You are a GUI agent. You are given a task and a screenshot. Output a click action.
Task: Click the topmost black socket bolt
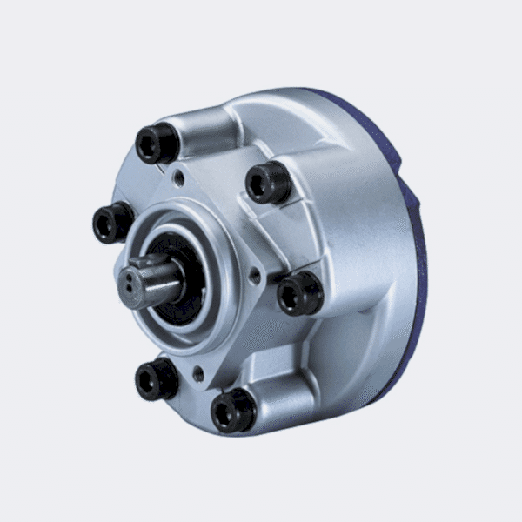pos(157,144)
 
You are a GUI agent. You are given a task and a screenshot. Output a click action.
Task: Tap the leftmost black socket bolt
pos(113,222)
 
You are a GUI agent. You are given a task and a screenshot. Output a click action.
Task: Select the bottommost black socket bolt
pos(233,410)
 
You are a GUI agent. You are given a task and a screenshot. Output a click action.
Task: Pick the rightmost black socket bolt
pos(299,293)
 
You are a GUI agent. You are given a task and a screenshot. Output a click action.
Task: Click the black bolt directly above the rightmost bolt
pos(267,183)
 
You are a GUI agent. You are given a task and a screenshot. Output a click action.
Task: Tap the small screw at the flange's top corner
pos(178,178)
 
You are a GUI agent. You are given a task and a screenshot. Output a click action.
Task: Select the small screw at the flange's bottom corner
pos(199,374)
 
